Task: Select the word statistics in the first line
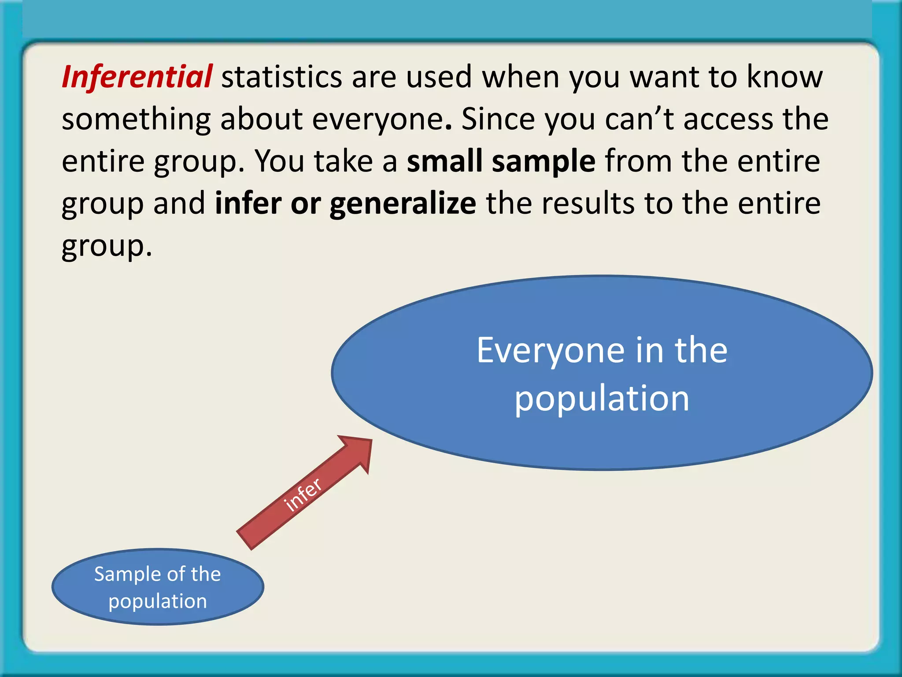281,77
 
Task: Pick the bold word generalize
403,204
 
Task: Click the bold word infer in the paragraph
248,203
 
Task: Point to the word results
588,203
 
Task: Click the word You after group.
280,161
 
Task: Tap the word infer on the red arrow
303,495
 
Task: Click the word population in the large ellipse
602,398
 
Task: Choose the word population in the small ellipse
158,601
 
